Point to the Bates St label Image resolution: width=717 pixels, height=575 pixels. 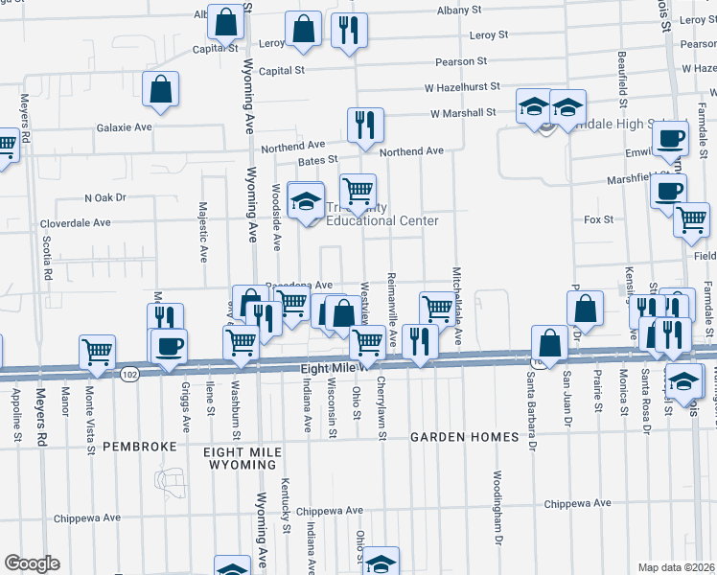tap(318, 160)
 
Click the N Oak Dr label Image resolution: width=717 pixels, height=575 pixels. tap(105, 197)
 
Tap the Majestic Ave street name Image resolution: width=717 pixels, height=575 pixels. tap(203, 231)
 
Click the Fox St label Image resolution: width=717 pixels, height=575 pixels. tap(597, 219)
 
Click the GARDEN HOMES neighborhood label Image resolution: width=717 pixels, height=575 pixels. tap(465, 437)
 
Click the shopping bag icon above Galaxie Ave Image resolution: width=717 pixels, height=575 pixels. tap(161, 89)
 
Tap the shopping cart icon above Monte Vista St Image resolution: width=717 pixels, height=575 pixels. tap(98, 352)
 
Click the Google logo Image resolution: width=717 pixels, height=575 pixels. tap(32, 563)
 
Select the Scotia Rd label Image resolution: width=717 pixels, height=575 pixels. tap(47, 258)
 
